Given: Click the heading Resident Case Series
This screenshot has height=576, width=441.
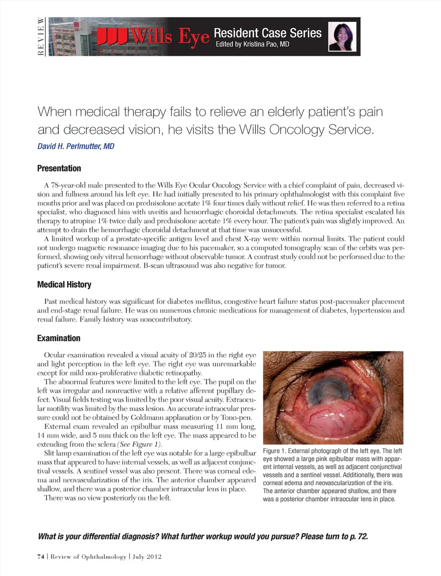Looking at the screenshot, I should point(267,33).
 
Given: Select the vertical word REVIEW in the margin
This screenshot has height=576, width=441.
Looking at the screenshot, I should point(41,36).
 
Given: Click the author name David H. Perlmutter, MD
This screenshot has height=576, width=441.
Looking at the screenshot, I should point(76,146).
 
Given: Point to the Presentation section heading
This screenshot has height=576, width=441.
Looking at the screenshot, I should point(59,168).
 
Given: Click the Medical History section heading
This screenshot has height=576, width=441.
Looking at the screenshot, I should point(64,284).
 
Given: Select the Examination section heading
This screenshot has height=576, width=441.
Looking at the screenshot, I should point(58,338).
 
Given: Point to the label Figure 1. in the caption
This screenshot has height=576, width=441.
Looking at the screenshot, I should point(275,451).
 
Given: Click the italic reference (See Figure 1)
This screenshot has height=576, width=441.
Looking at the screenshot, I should point(140,444).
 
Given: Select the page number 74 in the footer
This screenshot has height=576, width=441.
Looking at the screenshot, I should point(40,557).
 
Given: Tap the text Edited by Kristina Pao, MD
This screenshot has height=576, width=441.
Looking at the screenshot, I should point(252,44).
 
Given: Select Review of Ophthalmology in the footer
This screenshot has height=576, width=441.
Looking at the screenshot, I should point(88,557).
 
